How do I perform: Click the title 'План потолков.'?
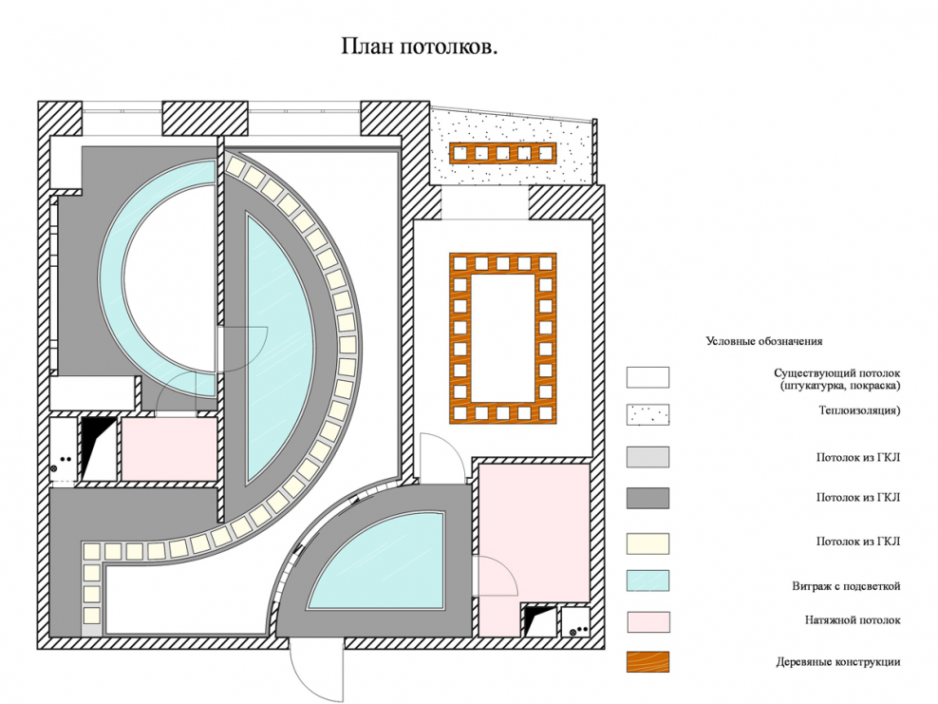click(419, 48)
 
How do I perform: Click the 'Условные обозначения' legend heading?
click(763, 341)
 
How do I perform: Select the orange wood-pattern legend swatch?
click(647, 661)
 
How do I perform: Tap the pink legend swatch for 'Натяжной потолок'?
click(647, 621)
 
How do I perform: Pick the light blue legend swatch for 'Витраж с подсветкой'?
click(647, 580)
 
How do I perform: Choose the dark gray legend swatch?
click(647, 498)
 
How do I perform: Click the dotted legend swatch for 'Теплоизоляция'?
click(647, 415)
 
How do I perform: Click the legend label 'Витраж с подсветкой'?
click(846, 586)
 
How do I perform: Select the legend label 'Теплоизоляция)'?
click(859, 410)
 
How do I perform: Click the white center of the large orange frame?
click(502, 337)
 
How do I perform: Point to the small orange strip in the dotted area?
click(501, 153)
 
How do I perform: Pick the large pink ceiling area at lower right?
click(532, 532)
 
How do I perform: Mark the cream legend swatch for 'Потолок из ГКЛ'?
click(647, 542)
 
